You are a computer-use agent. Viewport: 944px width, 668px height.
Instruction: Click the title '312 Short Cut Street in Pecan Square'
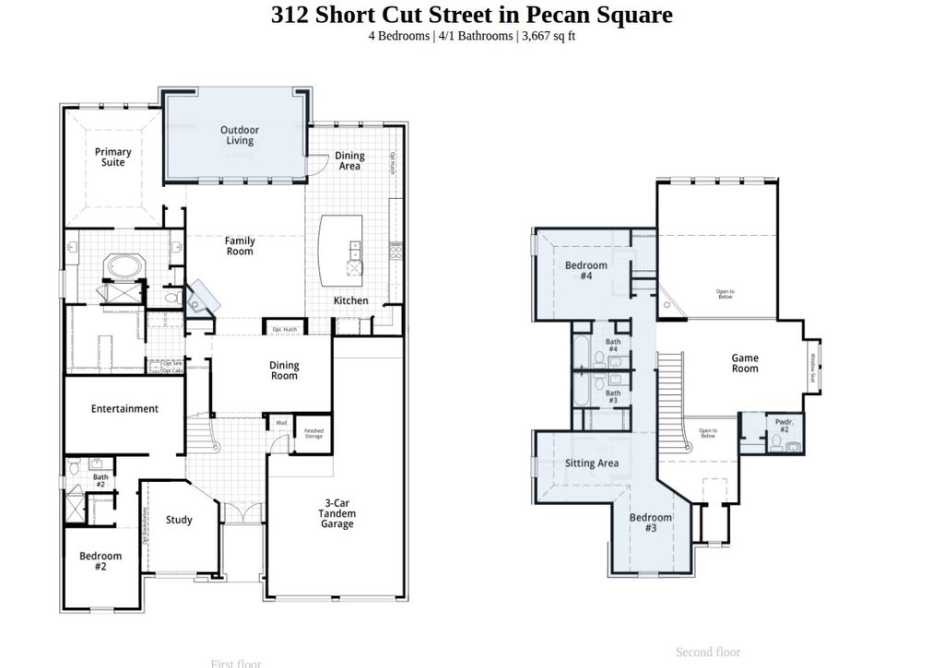point(471,15)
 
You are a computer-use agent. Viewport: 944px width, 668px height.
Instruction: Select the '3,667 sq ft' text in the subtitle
point(548,37)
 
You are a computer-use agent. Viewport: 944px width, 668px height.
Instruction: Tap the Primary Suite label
point(113,158)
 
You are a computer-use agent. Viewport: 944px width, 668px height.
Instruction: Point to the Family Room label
point(240,246)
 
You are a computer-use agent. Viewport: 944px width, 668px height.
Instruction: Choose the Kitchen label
point(350,300)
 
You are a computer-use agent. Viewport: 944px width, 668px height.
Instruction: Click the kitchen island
point(339,250)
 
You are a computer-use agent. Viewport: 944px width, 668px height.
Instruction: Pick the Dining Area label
point(349,161)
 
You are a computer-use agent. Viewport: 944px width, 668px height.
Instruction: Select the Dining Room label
point(284,370)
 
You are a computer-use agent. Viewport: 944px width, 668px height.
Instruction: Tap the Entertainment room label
point(124,408)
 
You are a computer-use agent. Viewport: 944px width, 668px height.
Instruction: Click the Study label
point(179,520)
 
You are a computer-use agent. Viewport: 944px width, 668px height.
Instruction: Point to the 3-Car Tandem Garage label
point(336,513)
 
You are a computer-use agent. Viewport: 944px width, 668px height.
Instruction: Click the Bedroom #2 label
point(100,561)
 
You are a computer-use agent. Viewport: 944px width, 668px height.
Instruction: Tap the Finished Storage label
point(313,433)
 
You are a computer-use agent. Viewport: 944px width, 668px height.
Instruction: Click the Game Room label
point(745,363)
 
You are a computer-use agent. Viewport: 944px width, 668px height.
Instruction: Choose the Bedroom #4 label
point(586,271)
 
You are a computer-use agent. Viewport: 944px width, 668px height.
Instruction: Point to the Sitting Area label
point(592,463)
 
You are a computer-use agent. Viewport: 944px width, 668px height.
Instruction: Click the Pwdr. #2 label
point(784,425)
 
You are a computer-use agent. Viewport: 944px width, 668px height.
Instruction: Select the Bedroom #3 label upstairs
point(651,522)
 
